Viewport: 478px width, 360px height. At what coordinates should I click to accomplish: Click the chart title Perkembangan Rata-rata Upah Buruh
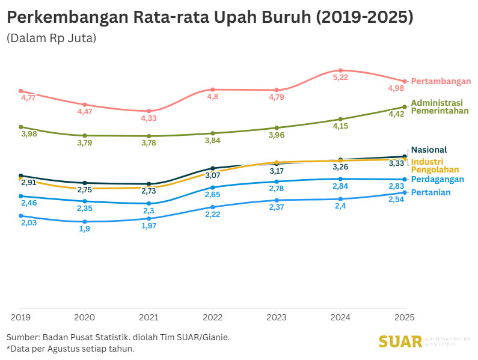210,17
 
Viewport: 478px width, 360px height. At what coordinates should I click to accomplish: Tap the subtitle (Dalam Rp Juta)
52,38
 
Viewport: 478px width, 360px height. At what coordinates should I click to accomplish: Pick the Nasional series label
429,150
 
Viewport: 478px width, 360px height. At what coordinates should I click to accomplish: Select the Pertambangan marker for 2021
149,111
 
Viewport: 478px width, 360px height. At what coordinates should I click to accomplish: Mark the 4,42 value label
397,114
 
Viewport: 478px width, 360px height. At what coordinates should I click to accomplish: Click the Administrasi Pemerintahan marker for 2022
213,133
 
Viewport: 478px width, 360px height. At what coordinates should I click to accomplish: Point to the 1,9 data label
84,229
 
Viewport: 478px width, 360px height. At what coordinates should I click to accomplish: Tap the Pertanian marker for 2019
20,216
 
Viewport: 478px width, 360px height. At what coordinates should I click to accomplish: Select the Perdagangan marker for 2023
277,182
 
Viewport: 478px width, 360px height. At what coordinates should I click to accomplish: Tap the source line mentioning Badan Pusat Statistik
118,337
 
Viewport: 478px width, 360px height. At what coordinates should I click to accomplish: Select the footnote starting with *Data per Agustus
70,349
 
